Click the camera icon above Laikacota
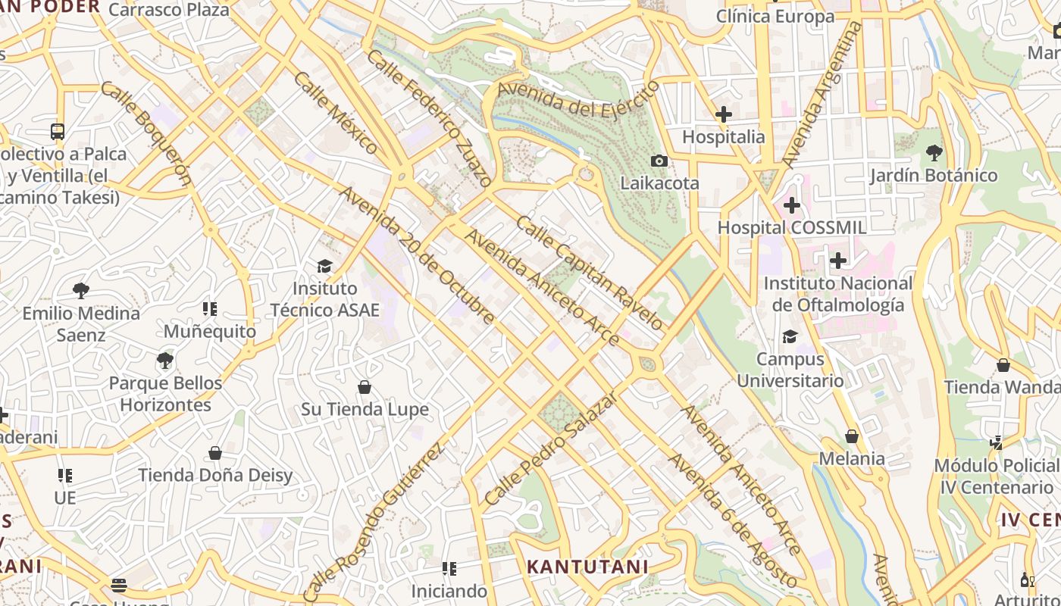659,161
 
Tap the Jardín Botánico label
933,175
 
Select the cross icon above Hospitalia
724,114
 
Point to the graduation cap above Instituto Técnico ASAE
324,266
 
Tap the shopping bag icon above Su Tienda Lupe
365,387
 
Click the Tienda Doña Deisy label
215,475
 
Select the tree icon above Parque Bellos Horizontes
165,360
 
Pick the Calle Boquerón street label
146,133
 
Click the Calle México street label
335,113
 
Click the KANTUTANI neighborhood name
587,567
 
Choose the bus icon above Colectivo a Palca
58,131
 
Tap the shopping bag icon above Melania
852,436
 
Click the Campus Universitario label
790,370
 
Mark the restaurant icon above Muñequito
210,308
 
